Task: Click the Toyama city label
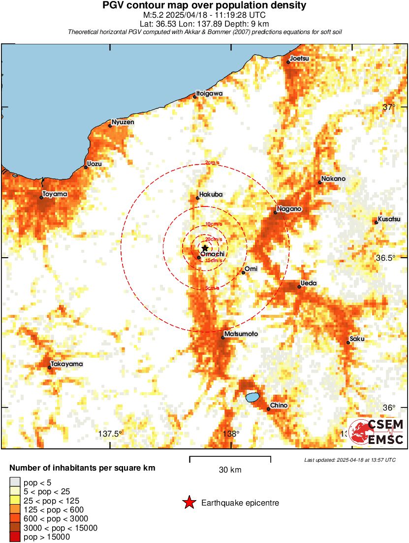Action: (x=55, y=194)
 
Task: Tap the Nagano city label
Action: (x=289, y=209)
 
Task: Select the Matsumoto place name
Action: (x=241, y=334)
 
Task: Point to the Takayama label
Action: (x=67, y=364)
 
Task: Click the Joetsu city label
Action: (x=299, y=59)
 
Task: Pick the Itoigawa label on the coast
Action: (x=209, y=93)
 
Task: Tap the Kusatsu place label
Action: (x=389, y=219)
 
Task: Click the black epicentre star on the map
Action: (x=205, y=248)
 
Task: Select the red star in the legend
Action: (x=189, y=503)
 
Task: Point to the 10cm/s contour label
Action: (x=214, y=224)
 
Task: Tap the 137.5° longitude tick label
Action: (x=110, y=434)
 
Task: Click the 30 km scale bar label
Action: (x=230, y=470)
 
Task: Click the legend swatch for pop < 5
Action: (x=15, y=482)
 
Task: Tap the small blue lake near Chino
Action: (x=252, y=397)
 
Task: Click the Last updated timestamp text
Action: (x=350, y=460)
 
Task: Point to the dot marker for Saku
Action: (x=348, y=342)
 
